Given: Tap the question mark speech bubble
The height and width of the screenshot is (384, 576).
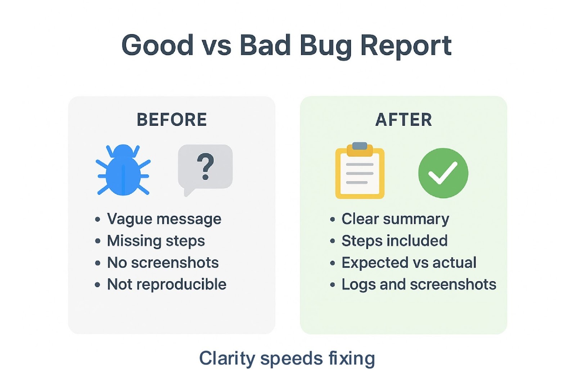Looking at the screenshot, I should tap(205, 167).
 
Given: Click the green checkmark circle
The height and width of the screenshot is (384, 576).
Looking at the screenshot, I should tap(443, 173).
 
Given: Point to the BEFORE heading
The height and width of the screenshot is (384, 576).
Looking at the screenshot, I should tap(172, 120).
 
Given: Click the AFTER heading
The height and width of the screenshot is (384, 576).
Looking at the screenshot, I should tap(404, 120).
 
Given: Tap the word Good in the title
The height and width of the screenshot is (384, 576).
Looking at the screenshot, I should tap(158, 45).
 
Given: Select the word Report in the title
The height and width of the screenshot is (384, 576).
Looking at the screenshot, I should tap(406, 45).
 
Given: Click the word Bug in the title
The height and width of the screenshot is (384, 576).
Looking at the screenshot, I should tap(326, 45).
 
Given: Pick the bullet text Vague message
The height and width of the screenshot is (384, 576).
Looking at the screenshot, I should tap(164, 219).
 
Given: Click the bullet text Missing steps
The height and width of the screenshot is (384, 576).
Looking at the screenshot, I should tap(156, 241).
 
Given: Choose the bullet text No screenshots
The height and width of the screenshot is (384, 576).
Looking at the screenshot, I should tap(163, 263).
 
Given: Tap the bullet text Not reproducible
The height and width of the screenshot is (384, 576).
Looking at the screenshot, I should tap(167, 285).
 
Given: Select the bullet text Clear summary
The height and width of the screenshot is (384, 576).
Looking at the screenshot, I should tap(395, 219).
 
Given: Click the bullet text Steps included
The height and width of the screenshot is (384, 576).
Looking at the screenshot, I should tap(395, 241).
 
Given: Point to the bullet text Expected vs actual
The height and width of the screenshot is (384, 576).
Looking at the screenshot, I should tap(409, 263).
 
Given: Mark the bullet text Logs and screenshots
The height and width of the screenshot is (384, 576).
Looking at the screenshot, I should tap(419, 285).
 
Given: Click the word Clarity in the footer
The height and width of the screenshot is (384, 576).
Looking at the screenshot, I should tap(227, 358).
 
